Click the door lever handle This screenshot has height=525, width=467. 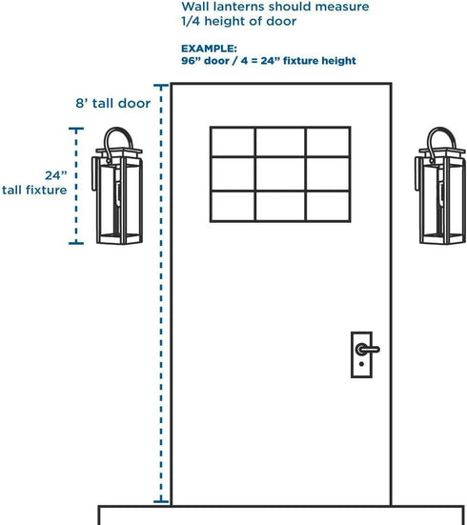point(368,350)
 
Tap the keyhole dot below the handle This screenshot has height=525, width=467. point(361,364)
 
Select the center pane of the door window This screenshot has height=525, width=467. point(280,173)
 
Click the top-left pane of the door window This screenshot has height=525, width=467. point(233,142)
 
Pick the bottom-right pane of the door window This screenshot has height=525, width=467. point(328,206)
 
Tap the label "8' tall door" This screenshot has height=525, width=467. point(112,103)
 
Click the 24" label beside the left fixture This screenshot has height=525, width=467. point(56,175)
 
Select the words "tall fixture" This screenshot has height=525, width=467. point(34,191)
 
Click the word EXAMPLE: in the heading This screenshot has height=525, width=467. point(209,49)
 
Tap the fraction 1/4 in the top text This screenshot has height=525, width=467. point(191,21)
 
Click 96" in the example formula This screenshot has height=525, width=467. point(191,61)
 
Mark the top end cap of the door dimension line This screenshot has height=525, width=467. point(161,86)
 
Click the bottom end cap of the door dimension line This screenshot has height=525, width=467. point(161,501)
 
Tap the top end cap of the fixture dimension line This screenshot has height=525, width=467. point(76,129)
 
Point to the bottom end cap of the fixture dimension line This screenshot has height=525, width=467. point(76,243)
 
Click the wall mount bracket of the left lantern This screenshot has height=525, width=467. point(95,174)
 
